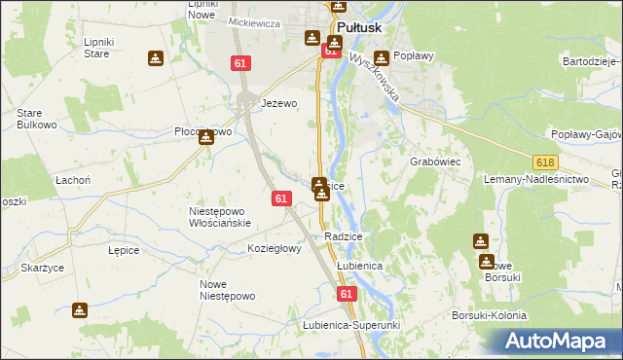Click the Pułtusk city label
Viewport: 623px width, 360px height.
[x=363, y=29]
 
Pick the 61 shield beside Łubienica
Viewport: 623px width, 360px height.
[x=347, y=293]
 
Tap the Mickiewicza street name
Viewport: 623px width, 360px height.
[x=254, y=20]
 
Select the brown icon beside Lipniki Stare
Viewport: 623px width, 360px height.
[x=155, y=59]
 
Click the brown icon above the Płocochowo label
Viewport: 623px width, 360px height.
[x=205, y=137]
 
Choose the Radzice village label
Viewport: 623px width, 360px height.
[x=344, y=236]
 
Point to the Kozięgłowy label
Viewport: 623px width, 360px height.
[x=275, y=248]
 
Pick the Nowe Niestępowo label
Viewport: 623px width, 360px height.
[x=227, y=290]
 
